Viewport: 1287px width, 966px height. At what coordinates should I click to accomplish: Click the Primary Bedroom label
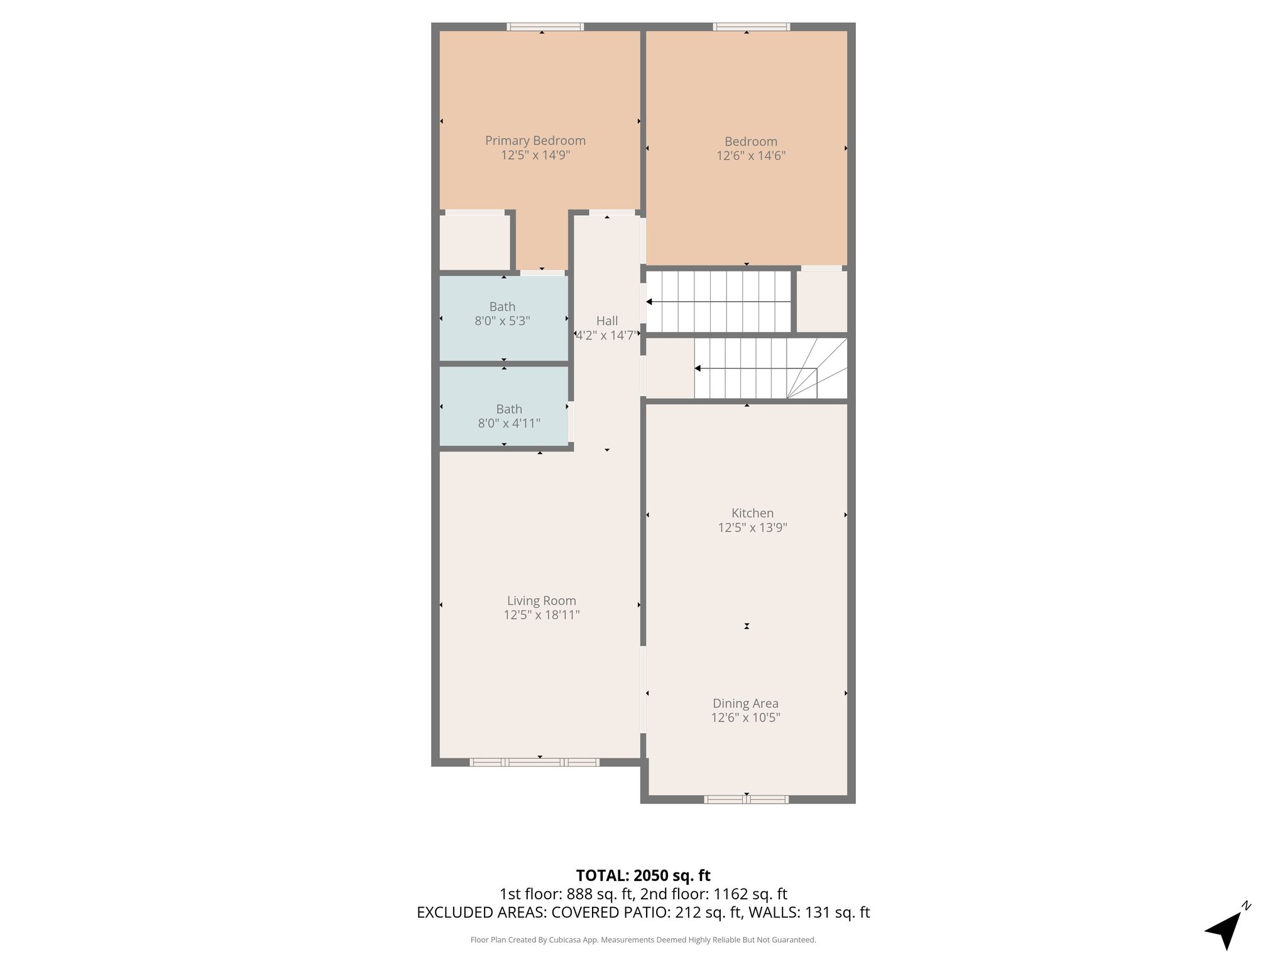535,141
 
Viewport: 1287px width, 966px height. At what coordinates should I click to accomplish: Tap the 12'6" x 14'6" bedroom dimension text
751,156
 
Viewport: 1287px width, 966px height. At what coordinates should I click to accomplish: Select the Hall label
607,321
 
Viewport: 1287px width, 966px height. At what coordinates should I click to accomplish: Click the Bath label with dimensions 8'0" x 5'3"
502,307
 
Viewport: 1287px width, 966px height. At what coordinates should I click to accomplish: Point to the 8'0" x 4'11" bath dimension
509,423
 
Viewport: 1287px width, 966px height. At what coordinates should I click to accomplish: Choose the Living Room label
542,601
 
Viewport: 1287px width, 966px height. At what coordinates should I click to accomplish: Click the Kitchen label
752,513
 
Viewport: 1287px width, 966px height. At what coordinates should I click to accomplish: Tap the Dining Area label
745,703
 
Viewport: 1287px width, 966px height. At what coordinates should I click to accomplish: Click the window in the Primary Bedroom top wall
545,26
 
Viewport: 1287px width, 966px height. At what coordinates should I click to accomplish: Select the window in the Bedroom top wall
752,26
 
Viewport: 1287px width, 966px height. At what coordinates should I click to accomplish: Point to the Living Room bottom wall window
535,762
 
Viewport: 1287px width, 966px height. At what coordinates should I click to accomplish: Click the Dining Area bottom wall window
746,799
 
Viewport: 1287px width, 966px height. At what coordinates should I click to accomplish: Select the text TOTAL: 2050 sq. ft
643,875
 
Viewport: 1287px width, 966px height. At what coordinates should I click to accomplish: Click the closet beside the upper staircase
822,301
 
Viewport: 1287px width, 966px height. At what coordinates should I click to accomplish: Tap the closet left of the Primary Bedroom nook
474,243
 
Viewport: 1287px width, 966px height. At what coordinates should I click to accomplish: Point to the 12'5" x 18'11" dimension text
542,615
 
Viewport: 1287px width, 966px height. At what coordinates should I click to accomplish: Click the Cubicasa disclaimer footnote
643,940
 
